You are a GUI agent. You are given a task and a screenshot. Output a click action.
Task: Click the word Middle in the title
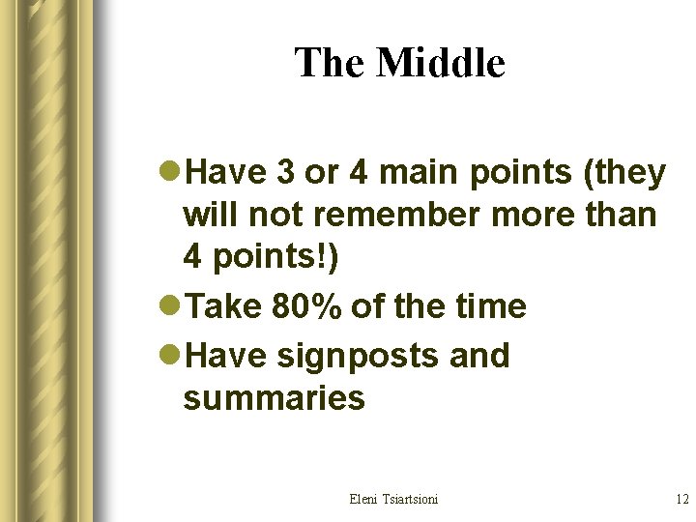tap(441, 64)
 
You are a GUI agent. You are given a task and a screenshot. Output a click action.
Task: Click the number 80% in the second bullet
tap(306, 307)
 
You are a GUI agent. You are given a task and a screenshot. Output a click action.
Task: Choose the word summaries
tap(274, 397)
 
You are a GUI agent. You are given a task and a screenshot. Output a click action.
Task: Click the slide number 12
tap(681, 499)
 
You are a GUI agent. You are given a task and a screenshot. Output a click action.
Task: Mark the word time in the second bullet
tap(490, 307)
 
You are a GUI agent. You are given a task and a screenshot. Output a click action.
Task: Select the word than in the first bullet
tap(620, 214)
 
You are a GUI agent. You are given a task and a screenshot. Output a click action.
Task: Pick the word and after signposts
tap(479, 356)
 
